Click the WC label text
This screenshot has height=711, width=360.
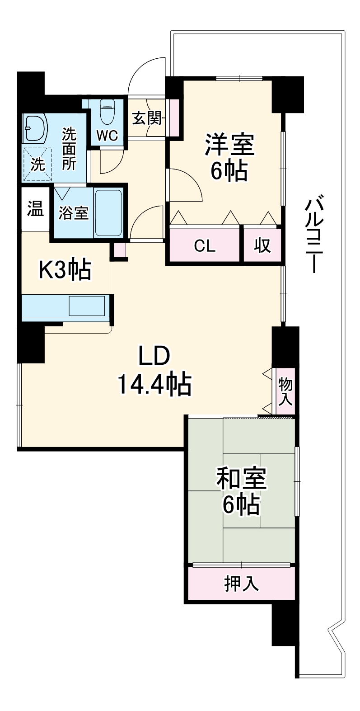click(x=108, y=135)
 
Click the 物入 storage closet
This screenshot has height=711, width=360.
click(x=285, y=391)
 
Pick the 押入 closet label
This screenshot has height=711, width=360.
click(x=242, y=584)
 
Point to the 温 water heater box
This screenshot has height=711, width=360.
click(x=35, y=209)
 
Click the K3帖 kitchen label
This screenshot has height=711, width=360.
click(x=65, y=270)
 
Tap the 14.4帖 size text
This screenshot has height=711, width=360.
click(x=154, y=385)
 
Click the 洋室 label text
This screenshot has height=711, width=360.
click(x=230, y=145)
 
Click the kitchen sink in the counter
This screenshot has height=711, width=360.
click(x=87, y=306)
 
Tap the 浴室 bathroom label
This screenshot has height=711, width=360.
click(x=74, y=212)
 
